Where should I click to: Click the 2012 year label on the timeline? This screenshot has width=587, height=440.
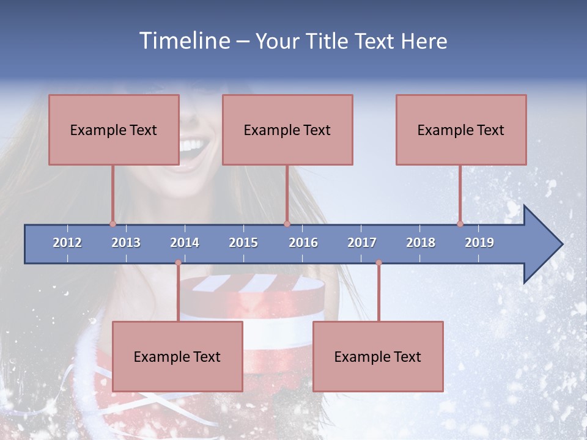pos(67,243)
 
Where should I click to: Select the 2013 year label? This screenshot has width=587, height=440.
pos(126,243)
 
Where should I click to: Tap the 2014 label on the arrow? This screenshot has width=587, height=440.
pos(185,243)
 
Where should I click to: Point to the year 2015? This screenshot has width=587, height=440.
pos(243,243)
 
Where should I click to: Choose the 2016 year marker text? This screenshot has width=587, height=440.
pos(303,243)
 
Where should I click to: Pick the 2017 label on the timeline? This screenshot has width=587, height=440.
pos(362,243)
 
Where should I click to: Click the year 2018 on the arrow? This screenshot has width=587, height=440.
pos(421,243)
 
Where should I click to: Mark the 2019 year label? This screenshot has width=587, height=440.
pos(479,243)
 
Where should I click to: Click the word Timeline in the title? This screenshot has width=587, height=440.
pos(185,41)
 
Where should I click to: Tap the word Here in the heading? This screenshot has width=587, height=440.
pos(424,41)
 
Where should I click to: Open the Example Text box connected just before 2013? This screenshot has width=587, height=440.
pos(114,130)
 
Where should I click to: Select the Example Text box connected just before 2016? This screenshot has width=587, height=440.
pos(287,130)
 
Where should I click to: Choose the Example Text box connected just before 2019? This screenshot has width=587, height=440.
pos(461,130)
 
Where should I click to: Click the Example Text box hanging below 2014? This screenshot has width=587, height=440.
pos(177,356)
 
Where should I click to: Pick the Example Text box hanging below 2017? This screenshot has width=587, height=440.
pos(378,356)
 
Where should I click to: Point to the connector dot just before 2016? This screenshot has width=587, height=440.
pos(287,224)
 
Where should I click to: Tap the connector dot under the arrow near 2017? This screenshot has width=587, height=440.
pos(378,263)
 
